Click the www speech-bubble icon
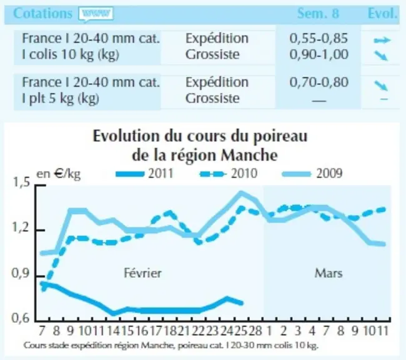(x=96, y=14)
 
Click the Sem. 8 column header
(x=318, y=14)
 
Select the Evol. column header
(x=382, y=14)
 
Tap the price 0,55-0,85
(x=319, y=38)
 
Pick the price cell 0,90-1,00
(x=319, y=54)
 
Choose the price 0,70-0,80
(x=319, y=82)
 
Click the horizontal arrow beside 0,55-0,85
(x=382, y=40)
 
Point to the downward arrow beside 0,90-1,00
(x=381, y=55)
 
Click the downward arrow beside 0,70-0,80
(x=381, y=86)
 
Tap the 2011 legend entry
(x=144, y=173)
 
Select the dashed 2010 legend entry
(x=229, y=173)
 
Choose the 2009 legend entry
(x=312, y=173)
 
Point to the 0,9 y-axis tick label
(x=21, y=274)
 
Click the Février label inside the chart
(x=142, y=273)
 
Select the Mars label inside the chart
(x=329, y=273)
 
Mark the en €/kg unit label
(x=59, y=174)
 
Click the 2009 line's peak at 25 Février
(x=241, y=193)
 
